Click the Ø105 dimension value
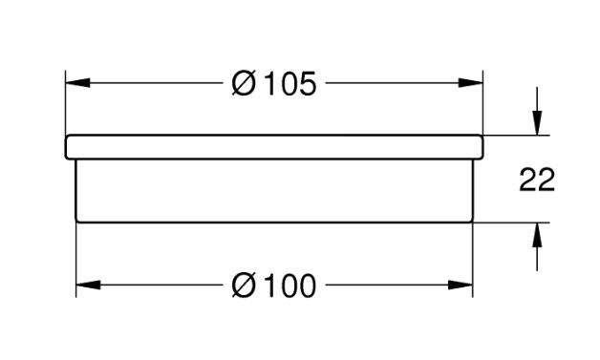(274, 84)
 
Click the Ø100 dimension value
(274, 286)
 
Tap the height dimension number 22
(537, 180)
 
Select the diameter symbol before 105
(244, 84)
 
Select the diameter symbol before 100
(244, 286)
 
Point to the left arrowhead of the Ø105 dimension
(77, 83)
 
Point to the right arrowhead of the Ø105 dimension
(471, 83)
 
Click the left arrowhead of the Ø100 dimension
(88, 285)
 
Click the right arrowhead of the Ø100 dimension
(461, 285)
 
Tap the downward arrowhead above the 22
(537, 123)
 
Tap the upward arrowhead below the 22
(537, 235)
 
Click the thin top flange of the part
(274, 147)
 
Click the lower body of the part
(274, 191)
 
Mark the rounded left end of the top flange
(66, 147)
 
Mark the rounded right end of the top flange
(482, 147)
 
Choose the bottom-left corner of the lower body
(77, 222)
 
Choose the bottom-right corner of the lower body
(472, 222)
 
